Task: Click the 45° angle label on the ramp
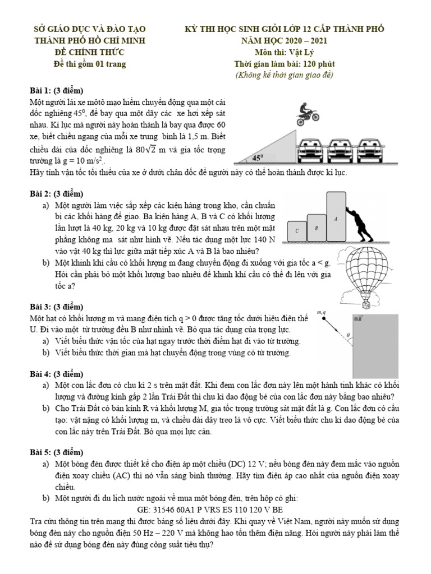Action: point(258,158)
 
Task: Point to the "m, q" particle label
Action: point(322,313)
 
